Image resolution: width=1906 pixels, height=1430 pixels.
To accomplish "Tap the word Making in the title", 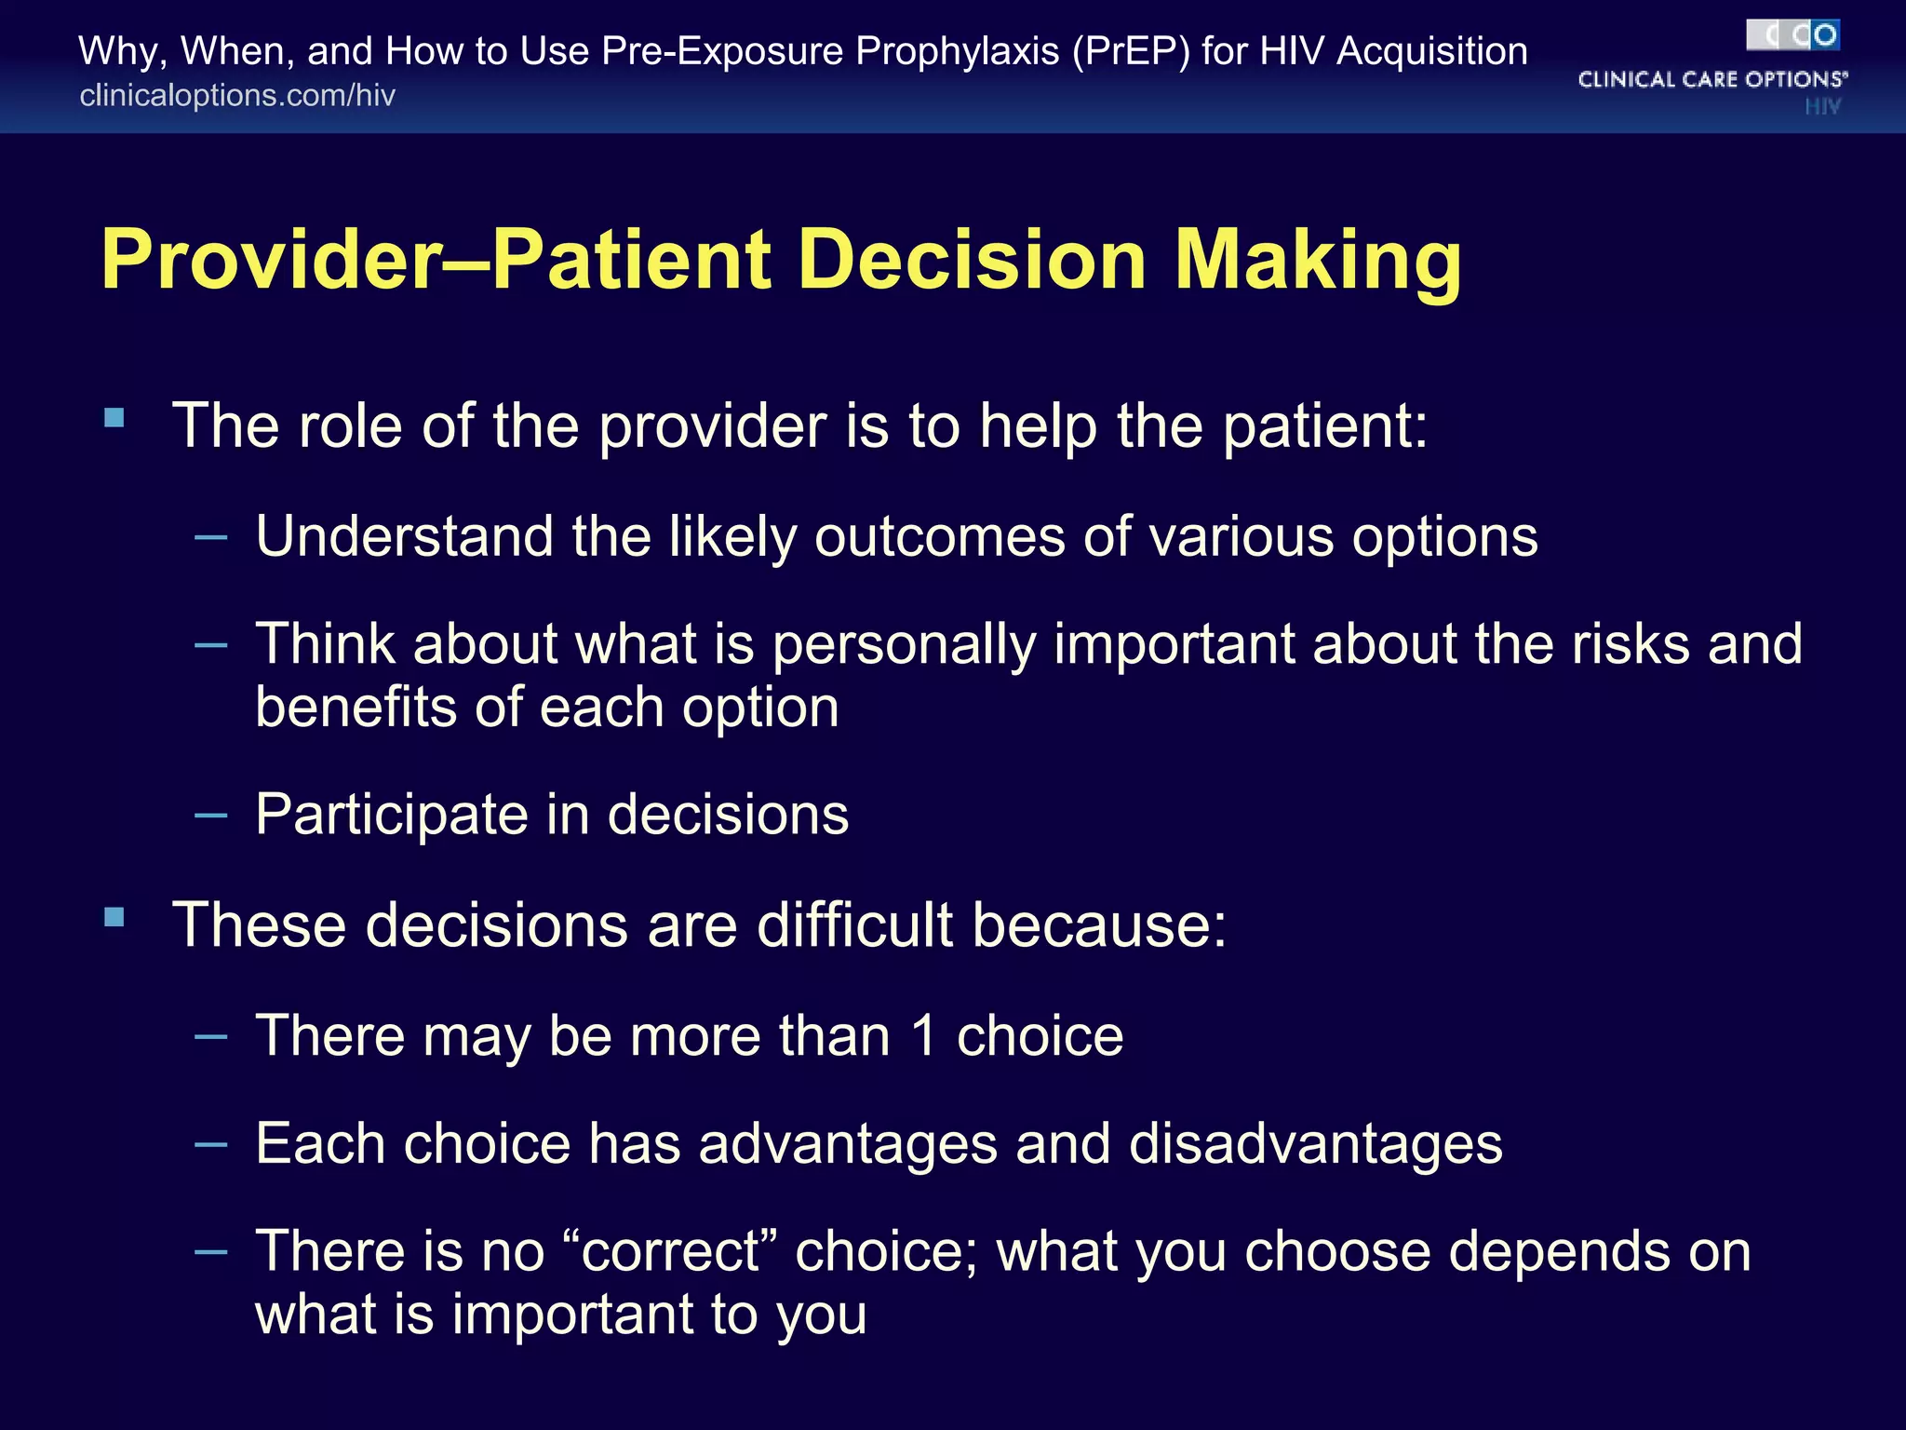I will [x=1317, y=262].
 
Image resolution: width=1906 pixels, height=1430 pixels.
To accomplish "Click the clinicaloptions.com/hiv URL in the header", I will [x=237, y=96].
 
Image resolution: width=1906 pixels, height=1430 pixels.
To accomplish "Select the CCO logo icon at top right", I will [x=1792, y=35].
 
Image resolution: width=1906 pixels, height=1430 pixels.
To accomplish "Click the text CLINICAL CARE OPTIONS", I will [x=1711, y=80].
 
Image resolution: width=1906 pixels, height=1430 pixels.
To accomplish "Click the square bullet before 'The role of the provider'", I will [x=114, y=418].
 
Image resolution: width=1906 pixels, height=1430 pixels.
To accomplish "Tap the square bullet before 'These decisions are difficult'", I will [x=114, y=918].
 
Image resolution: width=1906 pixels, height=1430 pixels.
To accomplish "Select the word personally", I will [x=904, y=645].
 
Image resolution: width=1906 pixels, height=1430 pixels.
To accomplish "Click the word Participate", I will [x=392, y=815].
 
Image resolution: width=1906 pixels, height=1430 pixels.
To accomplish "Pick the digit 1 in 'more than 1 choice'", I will [x=922, y=1036].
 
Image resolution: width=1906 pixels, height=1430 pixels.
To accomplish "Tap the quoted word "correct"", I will [x=670, y=1250].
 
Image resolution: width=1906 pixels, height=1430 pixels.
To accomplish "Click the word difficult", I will [x=855, y=925].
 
